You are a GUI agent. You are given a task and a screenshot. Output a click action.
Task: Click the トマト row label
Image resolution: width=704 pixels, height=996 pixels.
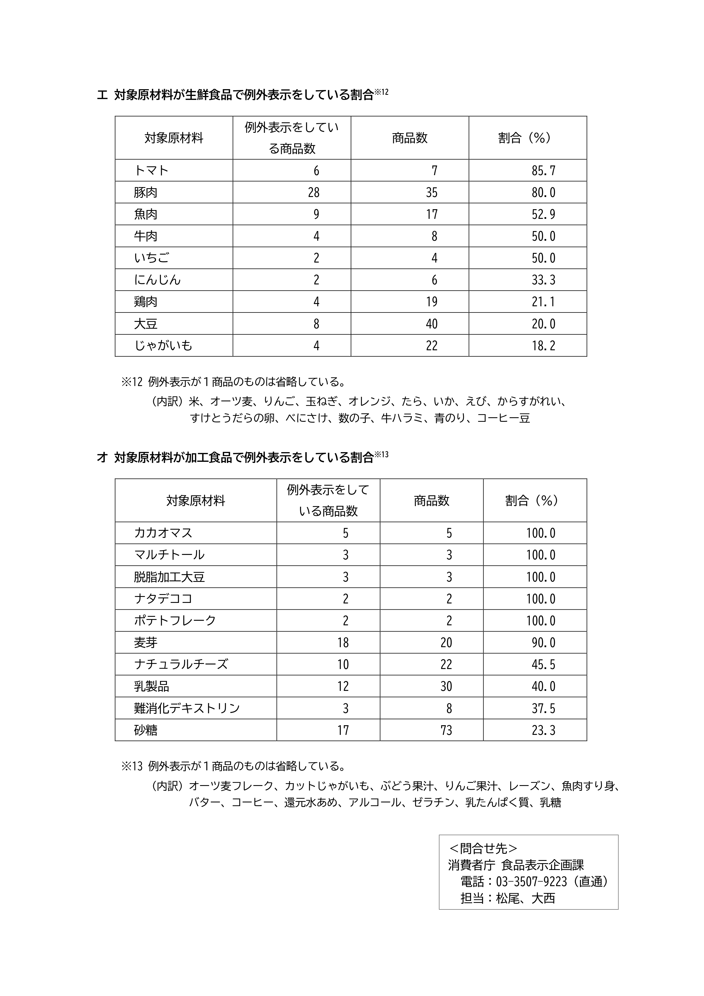click(151, 171)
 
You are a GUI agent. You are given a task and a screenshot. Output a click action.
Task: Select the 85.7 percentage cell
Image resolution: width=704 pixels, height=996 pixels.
click(543, 171)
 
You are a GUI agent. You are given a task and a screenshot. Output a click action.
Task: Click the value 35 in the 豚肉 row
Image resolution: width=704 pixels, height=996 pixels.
click(432, 192)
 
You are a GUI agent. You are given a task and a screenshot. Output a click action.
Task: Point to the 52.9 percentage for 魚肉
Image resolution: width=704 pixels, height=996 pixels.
click(543, 214)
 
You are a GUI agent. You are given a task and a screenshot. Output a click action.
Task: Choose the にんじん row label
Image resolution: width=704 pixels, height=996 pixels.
click(157, 280)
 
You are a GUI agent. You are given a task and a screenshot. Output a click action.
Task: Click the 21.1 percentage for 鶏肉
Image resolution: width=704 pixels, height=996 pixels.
click(543, 301)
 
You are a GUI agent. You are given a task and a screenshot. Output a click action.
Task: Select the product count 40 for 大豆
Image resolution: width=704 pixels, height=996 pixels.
click(432, 324)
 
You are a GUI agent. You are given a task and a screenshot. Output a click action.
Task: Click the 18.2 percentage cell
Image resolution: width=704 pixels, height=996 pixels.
click(543, 345)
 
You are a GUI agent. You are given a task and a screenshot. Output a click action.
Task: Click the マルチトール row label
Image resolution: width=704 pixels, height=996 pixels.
click(169, 555)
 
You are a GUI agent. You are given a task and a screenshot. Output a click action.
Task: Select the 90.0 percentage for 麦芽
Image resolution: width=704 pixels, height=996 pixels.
click(543, 642)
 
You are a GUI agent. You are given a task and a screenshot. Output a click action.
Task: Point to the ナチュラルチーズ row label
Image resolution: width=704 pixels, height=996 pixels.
click(181, 664)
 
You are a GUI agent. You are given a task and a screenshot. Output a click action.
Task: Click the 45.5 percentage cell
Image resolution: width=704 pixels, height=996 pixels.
click(543, 664)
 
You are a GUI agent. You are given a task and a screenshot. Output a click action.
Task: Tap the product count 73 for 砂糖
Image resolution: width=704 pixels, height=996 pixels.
click(446, 730)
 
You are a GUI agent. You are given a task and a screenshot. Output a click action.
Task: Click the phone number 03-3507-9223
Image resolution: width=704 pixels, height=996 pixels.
click(531, 882)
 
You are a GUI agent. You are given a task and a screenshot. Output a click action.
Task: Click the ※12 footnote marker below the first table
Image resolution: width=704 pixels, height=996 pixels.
click(132, 382)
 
